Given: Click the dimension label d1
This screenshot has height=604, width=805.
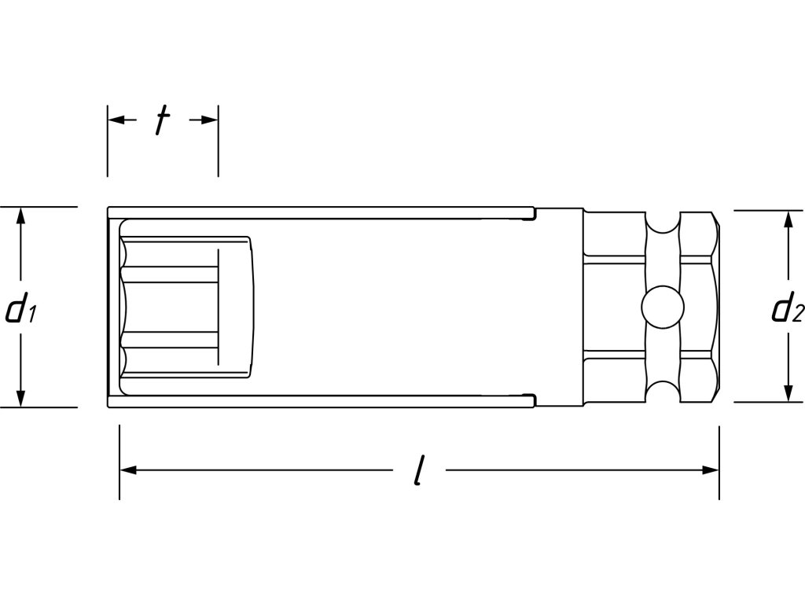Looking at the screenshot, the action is tap(20, 310).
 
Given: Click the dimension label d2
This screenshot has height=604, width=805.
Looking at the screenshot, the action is tap(788, 309).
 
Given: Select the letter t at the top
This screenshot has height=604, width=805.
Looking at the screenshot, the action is tap(163, 120).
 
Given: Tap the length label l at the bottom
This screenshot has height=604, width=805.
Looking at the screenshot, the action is tap(420, 470).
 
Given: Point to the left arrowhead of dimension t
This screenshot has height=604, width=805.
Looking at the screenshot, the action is tap(116, 120).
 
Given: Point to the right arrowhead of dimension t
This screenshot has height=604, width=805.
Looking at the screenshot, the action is tap(209, 120).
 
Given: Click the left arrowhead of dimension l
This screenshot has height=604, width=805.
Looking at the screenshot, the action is tap(128, 470).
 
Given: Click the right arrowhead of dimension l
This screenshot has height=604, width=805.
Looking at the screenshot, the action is tap(711, 470).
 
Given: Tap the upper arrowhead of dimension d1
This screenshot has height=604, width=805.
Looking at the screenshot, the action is tap(20, 215).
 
